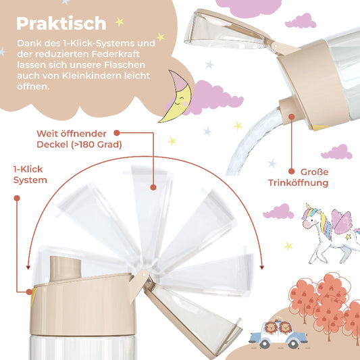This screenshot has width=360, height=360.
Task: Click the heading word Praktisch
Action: (61, 24)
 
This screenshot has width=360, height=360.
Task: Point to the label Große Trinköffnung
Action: (308, 177)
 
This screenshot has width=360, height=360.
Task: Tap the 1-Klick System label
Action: (30, 175)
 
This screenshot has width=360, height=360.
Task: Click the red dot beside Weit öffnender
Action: (115, 134)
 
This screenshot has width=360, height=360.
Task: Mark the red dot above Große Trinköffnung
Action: (291, 115)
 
